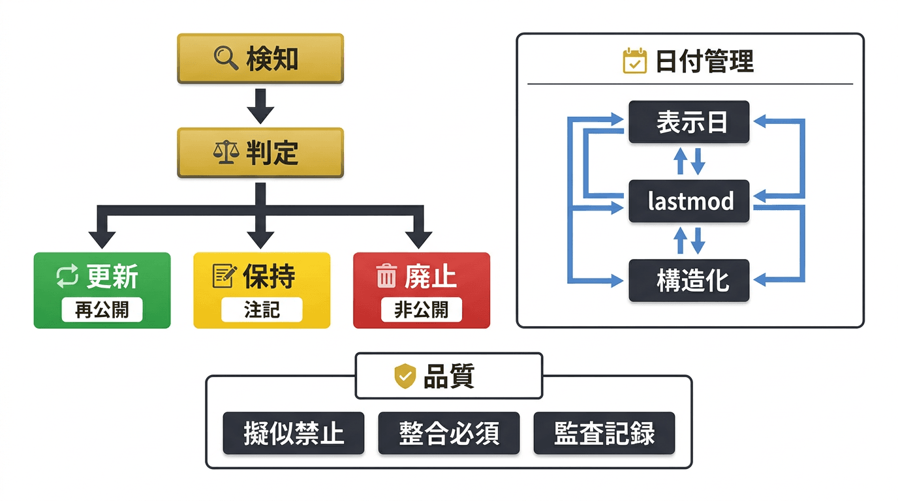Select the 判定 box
click(260, 153)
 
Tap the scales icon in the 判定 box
click(226, 153)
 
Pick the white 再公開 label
click(102, 310)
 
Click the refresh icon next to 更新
click(67, 277)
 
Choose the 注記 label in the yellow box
click(262, 310)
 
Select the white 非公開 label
click(421, 310)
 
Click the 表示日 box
click(689, 122)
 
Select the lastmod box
click(689, 202)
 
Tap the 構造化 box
click(689, 281)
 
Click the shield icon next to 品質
click(405, 376)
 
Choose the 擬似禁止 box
click(294, 433)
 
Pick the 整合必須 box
click(449, 433)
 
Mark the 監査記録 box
click(604, 433)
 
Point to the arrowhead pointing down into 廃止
click(419, 239)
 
